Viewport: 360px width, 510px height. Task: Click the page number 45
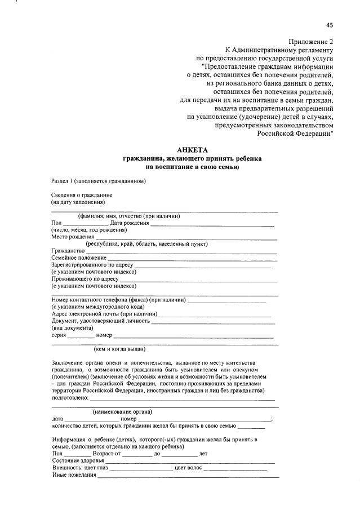coord(330,25)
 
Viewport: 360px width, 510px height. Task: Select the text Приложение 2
coord(311,42)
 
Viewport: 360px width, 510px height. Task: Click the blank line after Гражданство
coord(181,251)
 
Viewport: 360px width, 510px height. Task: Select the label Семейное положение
coord(79,258)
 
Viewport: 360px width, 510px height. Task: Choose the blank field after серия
coord(81,335)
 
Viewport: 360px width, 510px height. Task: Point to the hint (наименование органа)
coord(122,412)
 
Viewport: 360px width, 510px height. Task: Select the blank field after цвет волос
coord(235,468)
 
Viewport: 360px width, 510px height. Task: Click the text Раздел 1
coord(62,181)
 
